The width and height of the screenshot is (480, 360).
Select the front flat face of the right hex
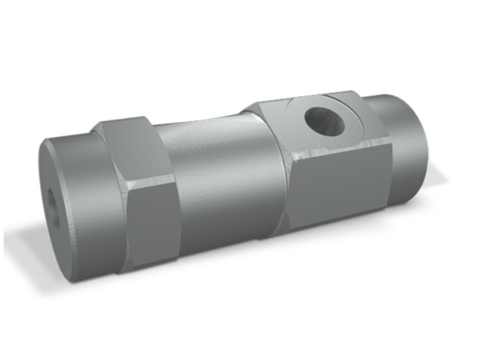point(339,186)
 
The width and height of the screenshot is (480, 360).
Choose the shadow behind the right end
point(438,180)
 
